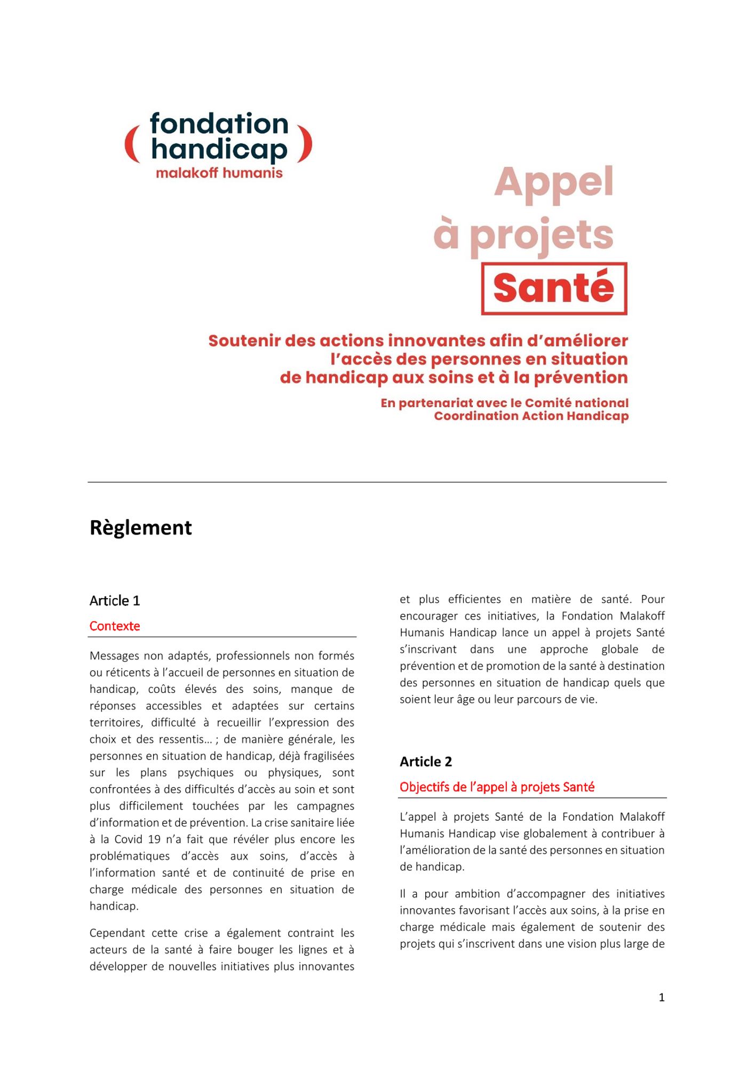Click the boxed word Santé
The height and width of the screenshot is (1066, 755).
pos(554,288)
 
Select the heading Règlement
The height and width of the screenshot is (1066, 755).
pos(141,528)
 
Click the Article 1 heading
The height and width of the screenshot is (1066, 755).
pos(115,601)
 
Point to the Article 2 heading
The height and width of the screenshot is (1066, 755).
pos(426,762)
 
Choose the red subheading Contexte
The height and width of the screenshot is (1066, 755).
pos(115,626)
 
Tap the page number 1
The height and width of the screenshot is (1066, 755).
pos(662,997)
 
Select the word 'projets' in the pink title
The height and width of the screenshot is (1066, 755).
pos(542,236)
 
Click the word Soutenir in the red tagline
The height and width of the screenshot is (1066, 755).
pos(243,341)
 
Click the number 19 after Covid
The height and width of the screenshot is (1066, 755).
pos(154,839)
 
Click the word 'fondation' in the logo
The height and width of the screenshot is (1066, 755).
pos(219,124)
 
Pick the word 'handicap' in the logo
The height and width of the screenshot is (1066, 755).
pos(219,150)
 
